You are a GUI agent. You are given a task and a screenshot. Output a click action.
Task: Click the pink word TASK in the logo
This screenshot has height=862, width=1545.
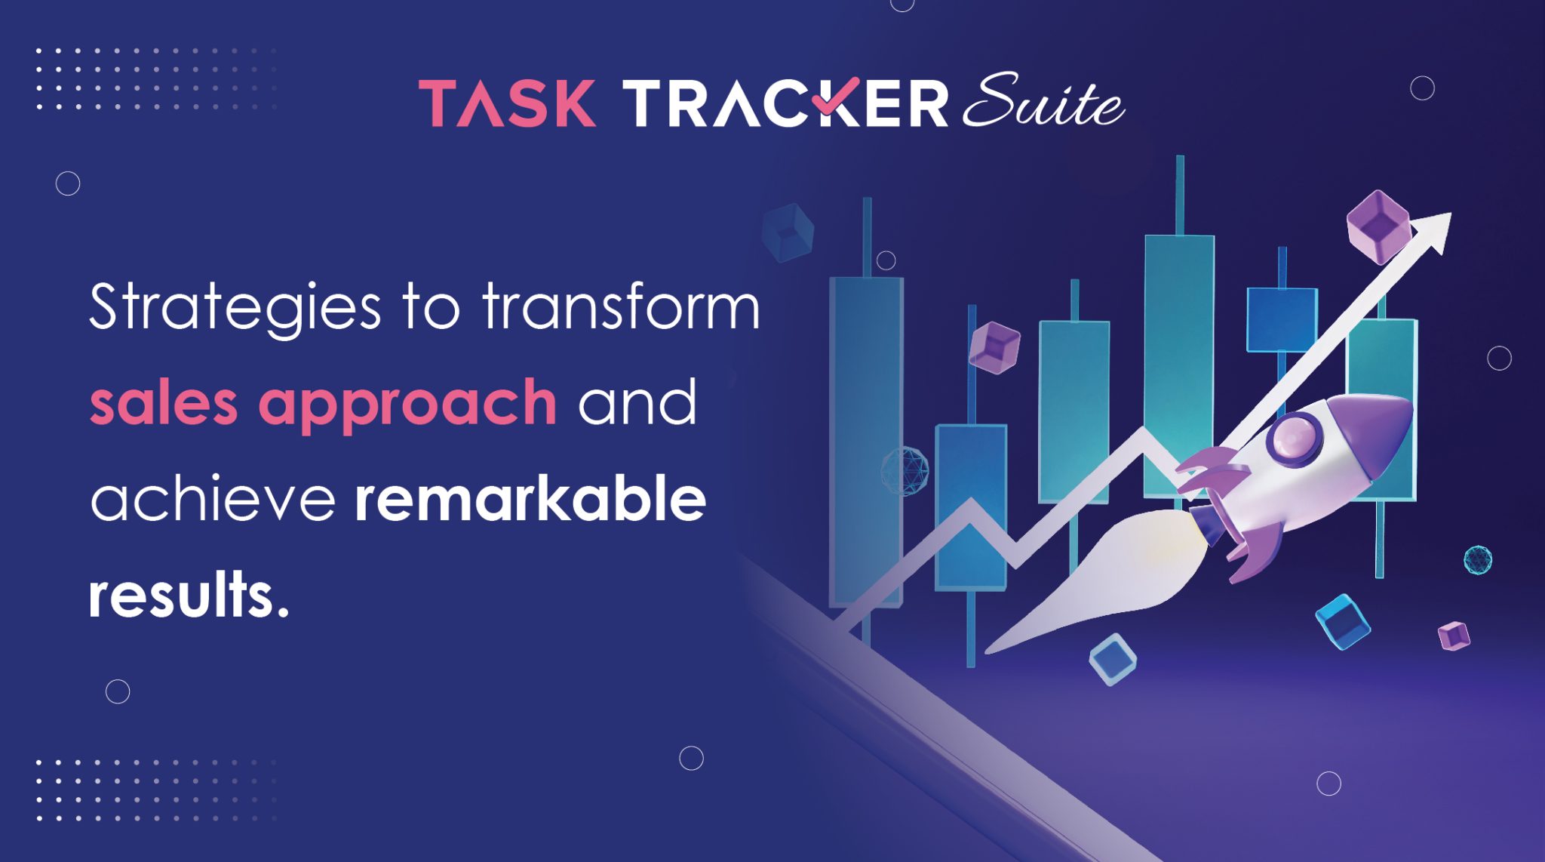coord(508,103)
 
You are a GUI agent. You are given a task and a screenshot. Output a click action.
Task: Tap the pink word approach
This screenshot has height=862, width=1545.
coord(407,404)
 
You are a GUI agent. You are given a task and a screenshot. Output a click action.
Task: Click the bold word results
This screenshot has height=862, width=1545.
coord(189,596)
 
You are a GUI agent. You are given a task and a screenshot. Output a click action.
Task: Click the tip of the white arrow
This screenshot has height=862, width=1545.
coord(1447,218)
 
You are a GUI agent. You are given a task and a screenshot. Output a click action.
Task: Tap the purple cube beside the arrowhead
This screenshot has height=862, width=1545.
coord(1378,226)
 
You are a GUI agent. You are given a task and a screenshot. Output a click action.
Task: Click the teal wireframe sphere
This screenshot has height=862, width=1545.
coord(1477,559)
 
